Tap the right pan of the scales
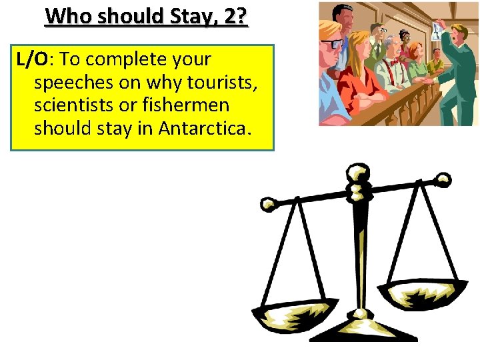click(x=423, y=293)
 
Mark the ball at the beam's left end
click(x=268, y=204)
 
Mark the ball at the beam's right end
click(x=443, y=179)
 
